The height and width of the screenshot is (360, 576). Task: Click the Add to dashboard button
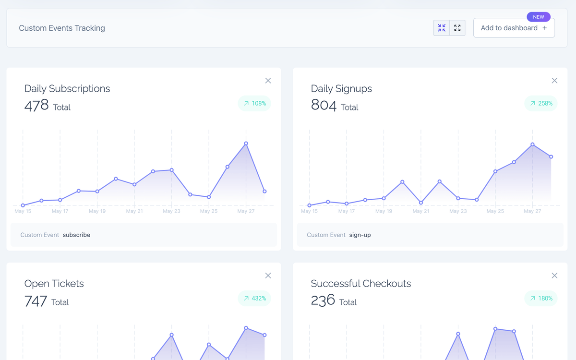(x=514, y=28)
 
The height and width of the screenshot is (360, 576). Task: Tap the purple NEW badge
(x=539, y=17)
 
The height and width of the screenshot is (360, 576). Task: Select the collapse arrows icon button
(x=442, y=28)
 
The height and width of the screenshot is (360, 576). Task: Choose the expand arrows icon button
(x=457, y=28)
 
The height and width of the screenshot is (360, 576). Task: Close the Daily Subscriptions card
(x=268, y=81)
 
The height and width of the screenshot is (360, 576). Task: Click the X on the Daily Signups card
(x=554, y=81)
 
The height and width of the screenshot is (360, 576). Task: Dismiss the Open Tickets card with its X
(x=268, y=276)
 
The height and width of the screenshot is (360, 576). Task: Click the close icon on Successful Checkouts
(x=554, y=276)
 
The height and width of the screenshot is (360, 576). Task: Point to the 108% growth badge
(x=254, y=103)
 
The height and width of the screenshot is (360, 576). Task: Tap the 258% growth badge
(x=541, y=103)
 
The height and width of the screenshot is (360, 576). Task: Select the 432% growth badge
(x=254, y=298)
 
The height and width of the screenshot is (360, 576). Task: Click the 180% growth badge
(x=541, y=298)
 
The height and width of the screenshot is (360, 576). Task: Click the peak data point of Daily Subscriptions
(x=246, y=144)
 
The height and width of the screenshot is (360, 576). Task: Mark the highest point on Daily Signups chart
(x=532, y=144)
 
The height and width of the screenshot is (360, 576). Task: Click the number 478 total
(x=36, y=105)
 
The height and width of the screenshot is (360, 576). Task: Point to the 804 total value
(x=324, y=105)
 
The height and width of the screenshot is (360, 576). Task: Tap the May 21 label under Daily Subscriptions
(x=134, y=211)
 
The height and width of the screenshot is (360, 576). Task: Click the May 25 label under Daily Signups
(x=495, y=211)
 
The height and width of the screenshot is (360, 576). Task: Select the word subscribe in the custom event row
(x=76, y=235)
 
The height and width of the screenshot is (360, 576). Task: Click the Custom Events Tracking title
(x=62, y=28)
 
